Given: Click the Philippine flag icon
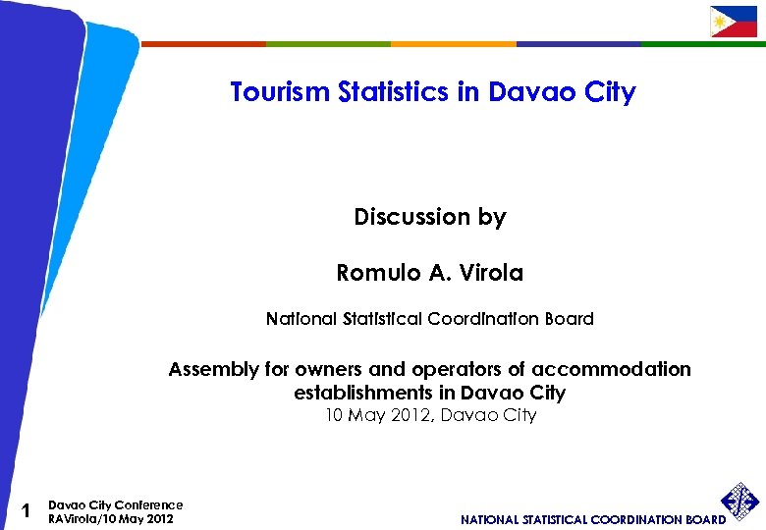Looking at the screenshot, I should [734, 22].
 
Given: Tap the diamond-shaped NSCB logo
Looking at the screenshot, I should [740, 502].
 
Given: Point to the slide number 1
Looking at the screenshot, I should [27, 510].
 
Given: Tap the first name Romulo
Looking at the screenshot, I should [377, 273].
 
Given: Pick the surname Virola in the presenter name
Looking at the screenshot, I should [489, 273].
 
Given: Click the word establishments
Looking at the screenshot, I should [361, 393].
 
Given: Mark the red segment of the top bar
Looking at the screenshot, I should [204, 44].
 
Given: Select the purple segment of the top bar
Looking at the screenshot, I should [578, 44].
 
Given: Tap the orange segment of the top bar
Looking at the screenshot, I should [453, 44].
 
